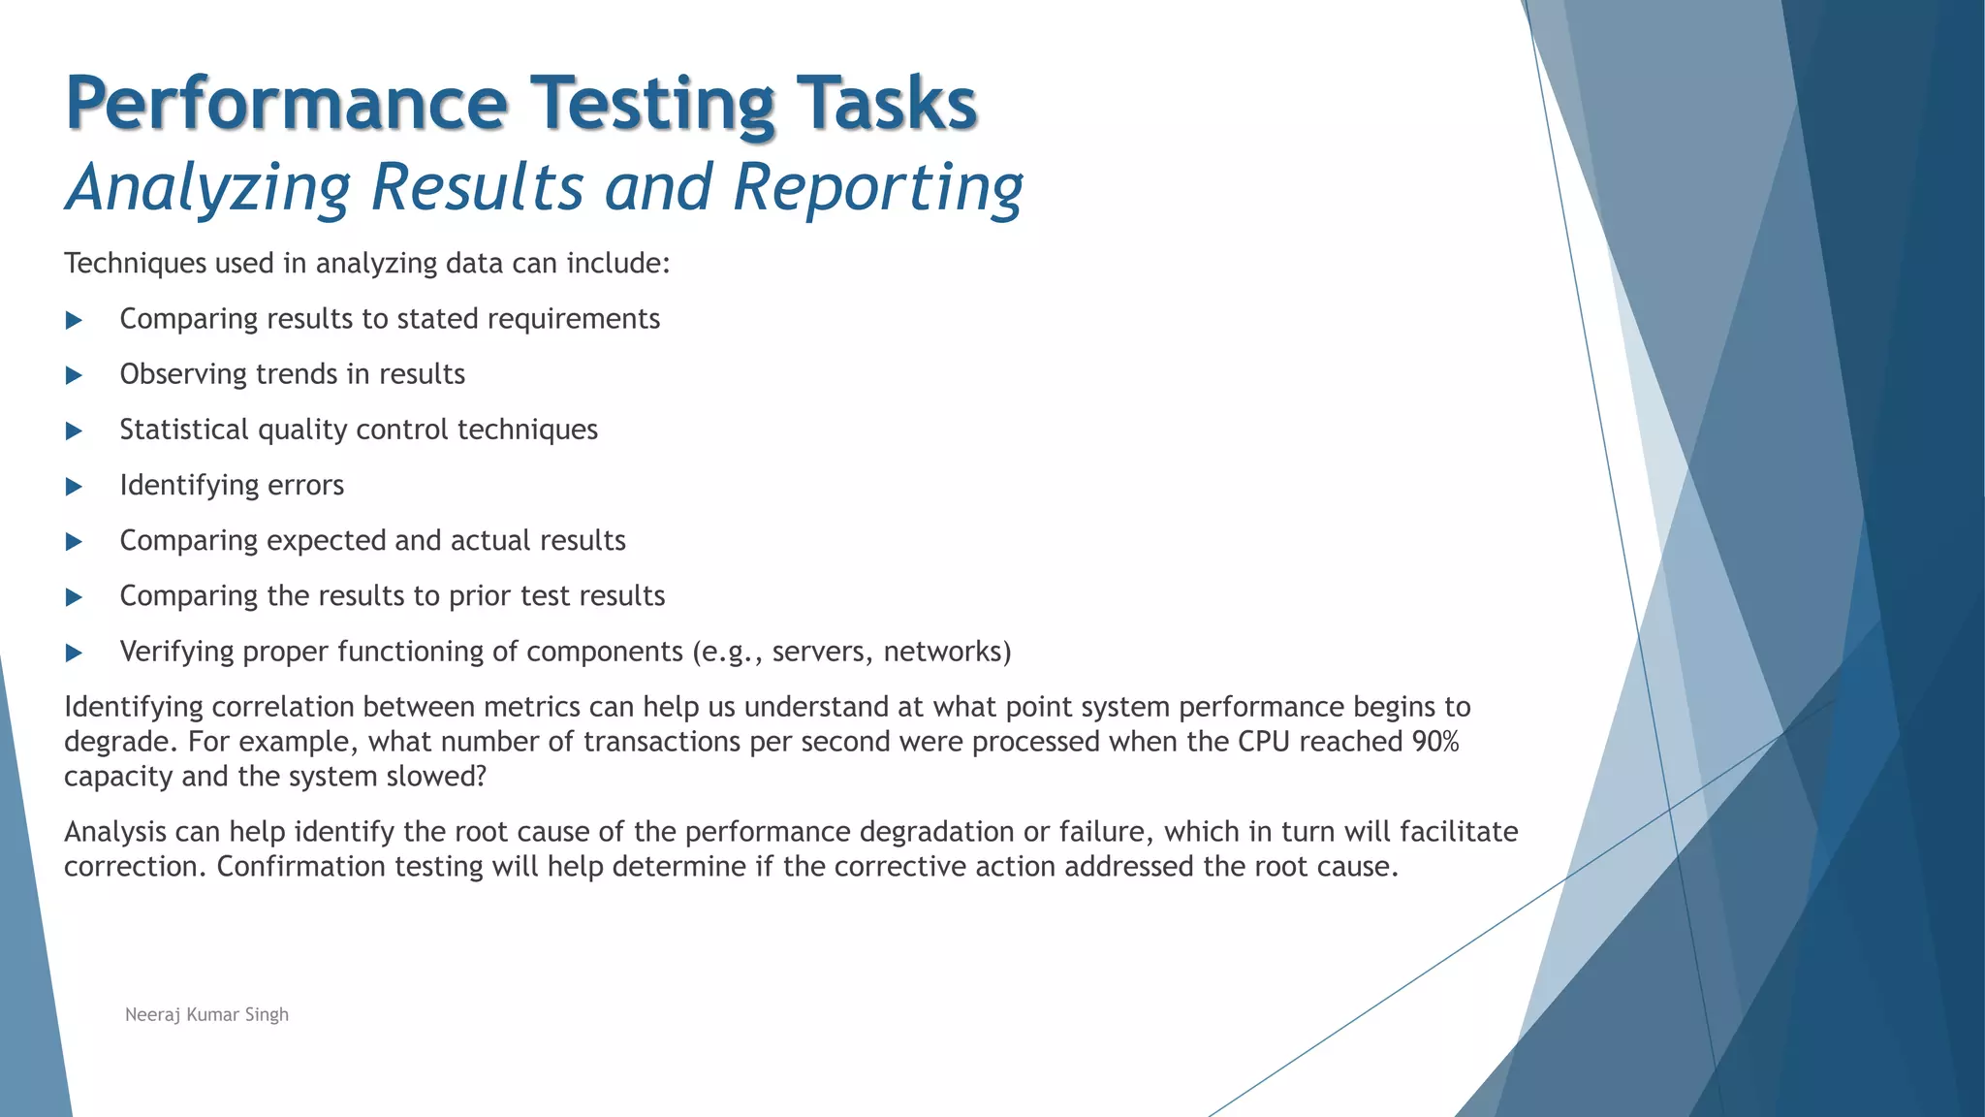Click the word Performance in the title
click(286, 105)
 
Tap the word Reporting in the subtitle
click(877, 187)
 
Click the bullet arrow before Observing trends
click(74, 375)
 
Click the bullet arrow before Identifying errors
click(74, 486)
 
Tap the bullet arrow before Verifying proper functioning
click(74, 653)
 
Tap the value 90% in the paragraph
click(1435, 742)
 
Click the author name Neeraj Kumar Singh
click(206, 1014)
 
